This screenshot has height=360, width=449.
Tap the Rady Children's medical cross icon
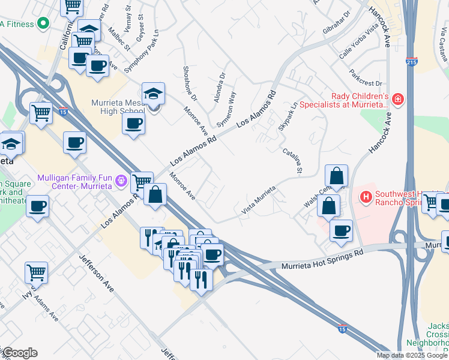point(397,98)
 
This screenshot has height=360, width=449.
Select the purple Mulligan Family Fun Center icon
point(121,179)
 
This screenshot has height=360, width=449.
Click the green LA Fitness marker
point(43,23)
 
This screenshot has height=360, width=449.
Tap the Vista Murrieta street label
point(259,200)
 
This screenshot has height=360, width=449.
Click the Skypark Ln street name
point(288,117)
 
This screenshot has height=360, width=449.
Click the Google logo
point(19,353)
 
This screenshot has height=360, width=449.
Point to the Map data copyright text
point(412,355)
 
